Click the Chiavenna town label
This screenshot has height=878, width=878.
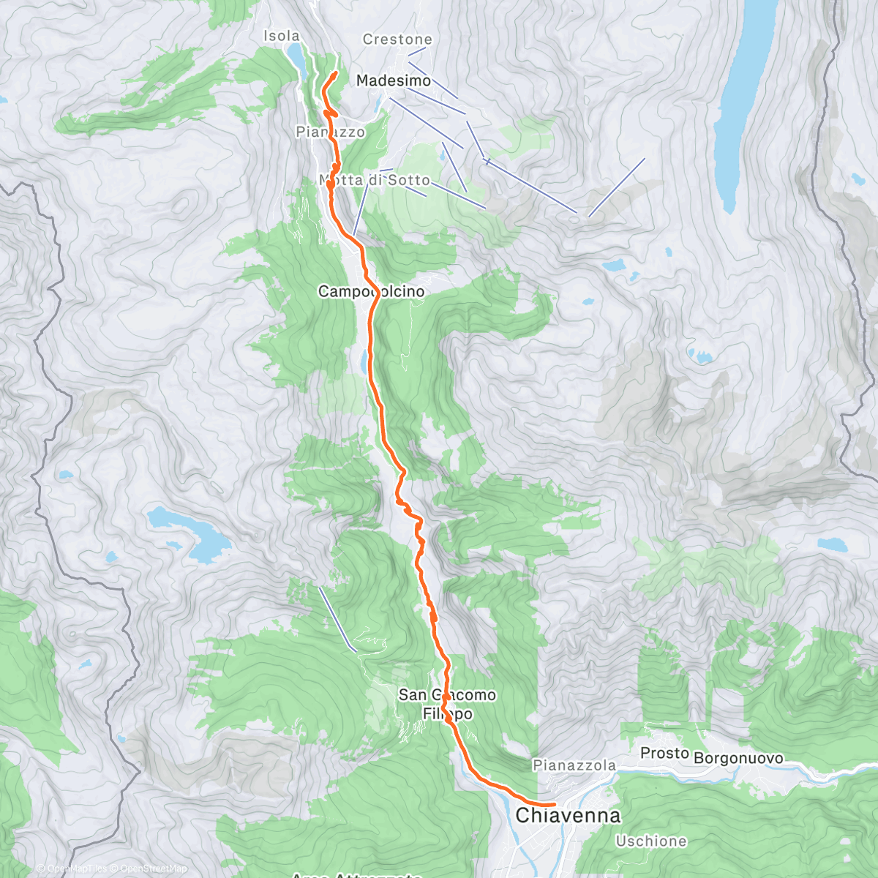coord(568,815)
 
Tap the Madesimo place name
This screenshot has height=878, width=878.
coord(394,80)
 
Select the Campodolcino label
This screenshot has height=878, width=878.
coord(371,291)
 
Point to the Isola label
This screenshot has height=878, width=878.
coord(282,36)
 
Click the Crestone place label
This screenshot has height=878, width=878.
coord(397,40)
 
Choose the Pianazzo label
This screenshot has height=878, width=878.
coord(330,132)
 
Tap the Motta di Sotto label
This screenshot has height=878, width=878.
coord(375,180)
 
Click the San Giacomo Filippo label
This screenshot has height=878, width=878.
coord(447,704)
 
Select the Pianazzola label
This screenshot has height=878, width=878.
coord(574,765)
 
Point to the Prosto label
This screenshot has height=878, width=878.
coord(664,753)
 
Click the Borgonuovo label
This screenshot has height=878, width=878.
coord(738,759)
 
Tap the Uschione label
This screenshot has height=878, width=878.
coord(651,841)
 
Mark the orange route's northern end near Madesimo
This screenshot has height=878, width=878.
coord(335,73)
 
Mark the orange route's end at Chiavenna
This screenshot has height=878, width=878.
coord(555,804)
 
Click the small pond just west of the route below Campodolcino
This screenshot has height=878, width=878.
coord(364,361)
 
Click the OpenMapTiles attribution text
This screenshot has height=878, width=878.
coord(72,868)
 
